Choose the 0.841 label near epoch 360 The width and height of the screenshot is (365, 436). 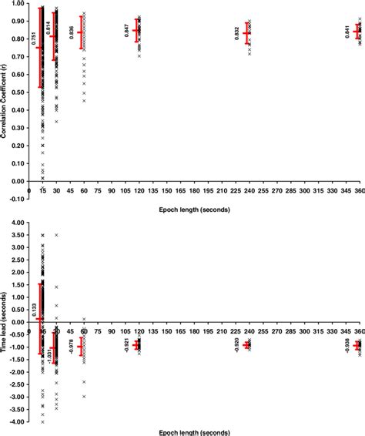pyautogui.click(x=347, y=32)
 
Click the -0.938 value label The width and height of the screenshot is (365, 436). pyautogui.click(x=347, y=346)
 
